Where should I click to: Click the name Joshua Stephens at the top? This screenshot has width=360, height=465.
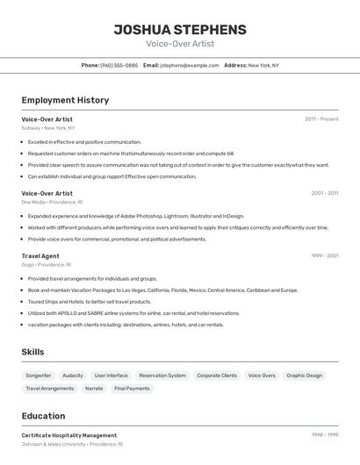tap(180, 29)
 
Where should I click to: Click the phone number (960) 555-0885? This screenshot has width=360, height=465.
tap(119, 65)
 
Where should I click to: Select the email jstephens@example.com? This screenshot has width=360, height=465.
tap(189, 65)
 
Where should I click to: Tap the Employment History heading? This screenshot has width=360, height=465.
tap(65, 100)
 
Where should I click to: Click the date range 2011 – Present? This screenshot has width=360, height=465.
tap(321, 118)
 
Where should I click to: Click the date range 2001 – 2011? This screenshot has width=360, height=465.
tap(325, 193)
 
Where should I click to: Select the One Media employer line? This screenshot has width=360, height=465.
tap(52, 202)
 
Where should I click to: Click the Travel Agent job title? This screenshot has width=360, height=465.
tap(40, 256)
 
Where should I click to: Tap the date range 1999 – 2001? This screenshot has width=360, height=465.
tap(325, 256)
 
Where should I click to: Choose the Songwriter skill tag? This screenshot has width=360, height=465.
tap(39, 376)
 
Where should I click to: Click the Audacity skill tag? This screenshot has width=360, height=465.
tap(73, 376)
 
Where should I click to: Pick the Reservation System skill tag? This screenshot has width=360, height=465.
tap(162, 376)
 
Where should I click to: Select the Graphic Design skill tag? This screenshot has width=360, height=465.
tap(305, 376)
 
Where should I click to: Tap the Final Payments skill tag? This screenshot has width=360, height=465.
tap(132, 388)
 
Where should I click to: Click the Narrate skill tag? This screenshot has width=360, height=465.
tap(94, 388)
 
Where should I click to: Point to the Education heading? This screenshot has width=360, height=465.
tap(43, 416)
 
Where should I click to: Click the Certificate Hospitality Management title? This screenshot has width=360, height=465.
tap(69, 435)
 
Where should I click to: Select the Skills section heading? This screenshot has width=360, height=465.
tap(32, 352)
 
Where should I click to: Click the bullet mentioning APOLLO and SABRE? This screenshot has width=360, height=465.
tap(133, 313)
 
